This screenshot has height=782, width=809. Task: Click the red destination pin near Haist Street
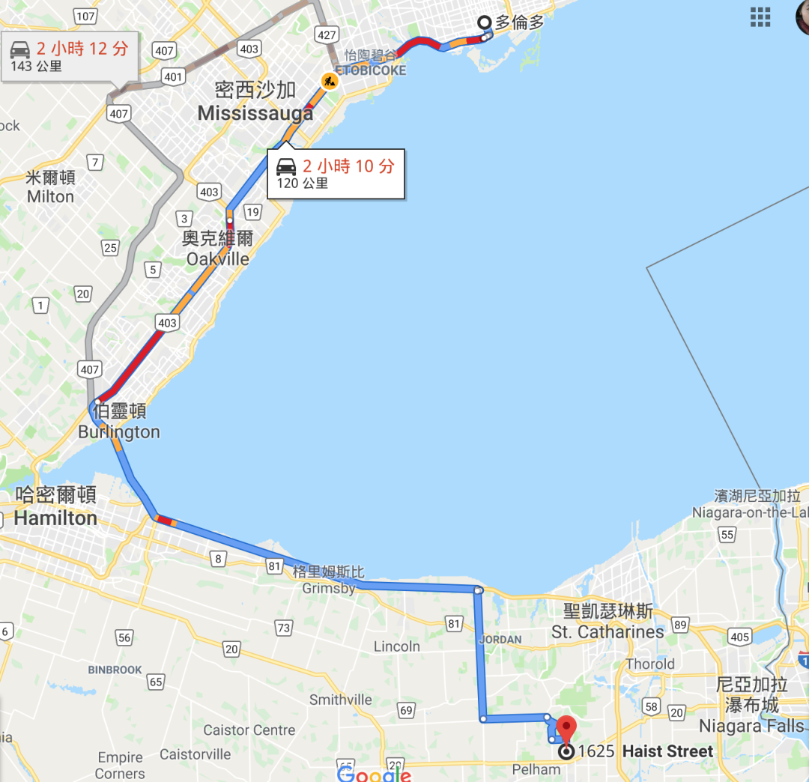[x=566, y=728]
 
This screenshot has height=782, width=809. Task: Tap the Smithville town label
[x=341, y=700]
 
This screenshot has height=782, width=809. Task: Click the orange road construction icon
[x=330, y=80]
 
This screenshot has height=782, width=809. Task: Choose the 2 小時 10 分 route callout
[x=336, y=173]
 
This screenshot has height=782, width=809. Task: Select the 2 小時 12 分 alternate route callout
[x=70, y=56]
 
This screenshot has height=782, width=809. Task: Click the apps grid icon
[x=760, y=16]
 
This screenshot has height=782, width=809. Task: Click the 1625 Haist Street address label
[x=646, y=751]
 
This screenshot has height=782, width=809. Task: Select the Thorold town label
[x=650, y=664]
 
